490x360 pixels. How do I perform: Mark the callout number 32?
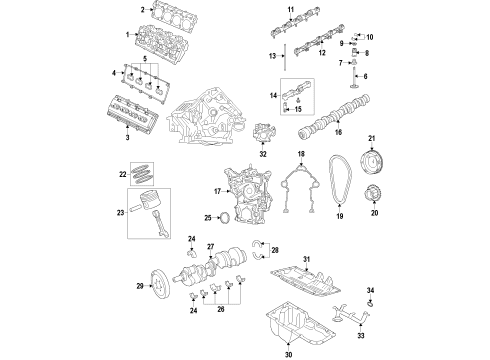pos(261,155)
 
